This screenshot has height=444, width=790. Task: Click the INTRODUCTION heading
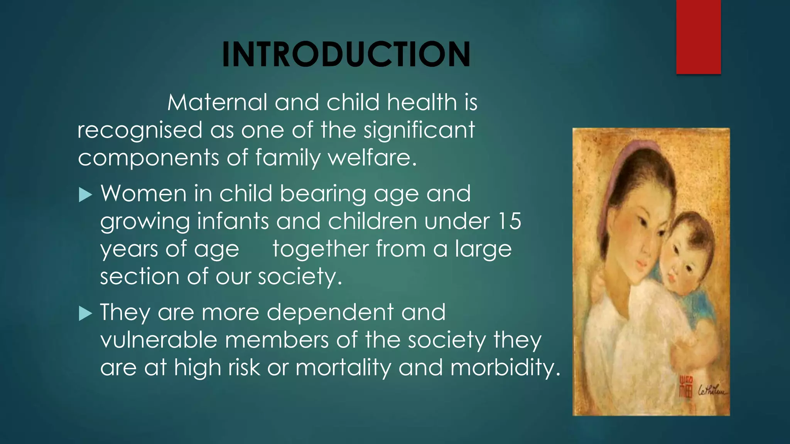[346, 54]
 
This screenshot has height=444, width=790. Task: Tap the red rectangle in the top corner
[698, 37]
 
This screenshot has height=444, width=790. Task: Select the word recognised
[140, 130]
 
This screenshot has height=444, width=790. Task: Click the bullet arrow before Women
[85, 195]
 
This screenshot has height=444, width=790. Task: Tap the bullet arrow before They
[85, 313]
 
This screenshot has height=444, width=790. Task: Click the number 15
[509, 221]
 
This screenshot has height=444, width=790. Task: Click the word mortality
[343, 367]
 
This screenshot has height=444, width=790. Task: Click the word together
[321, 249]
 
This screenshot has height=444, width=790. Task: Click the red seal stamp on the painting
[685, 387]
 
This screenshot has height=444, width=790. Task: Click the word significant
[419, 130]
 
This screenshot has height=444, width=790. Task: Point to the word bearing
[322, 194]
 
